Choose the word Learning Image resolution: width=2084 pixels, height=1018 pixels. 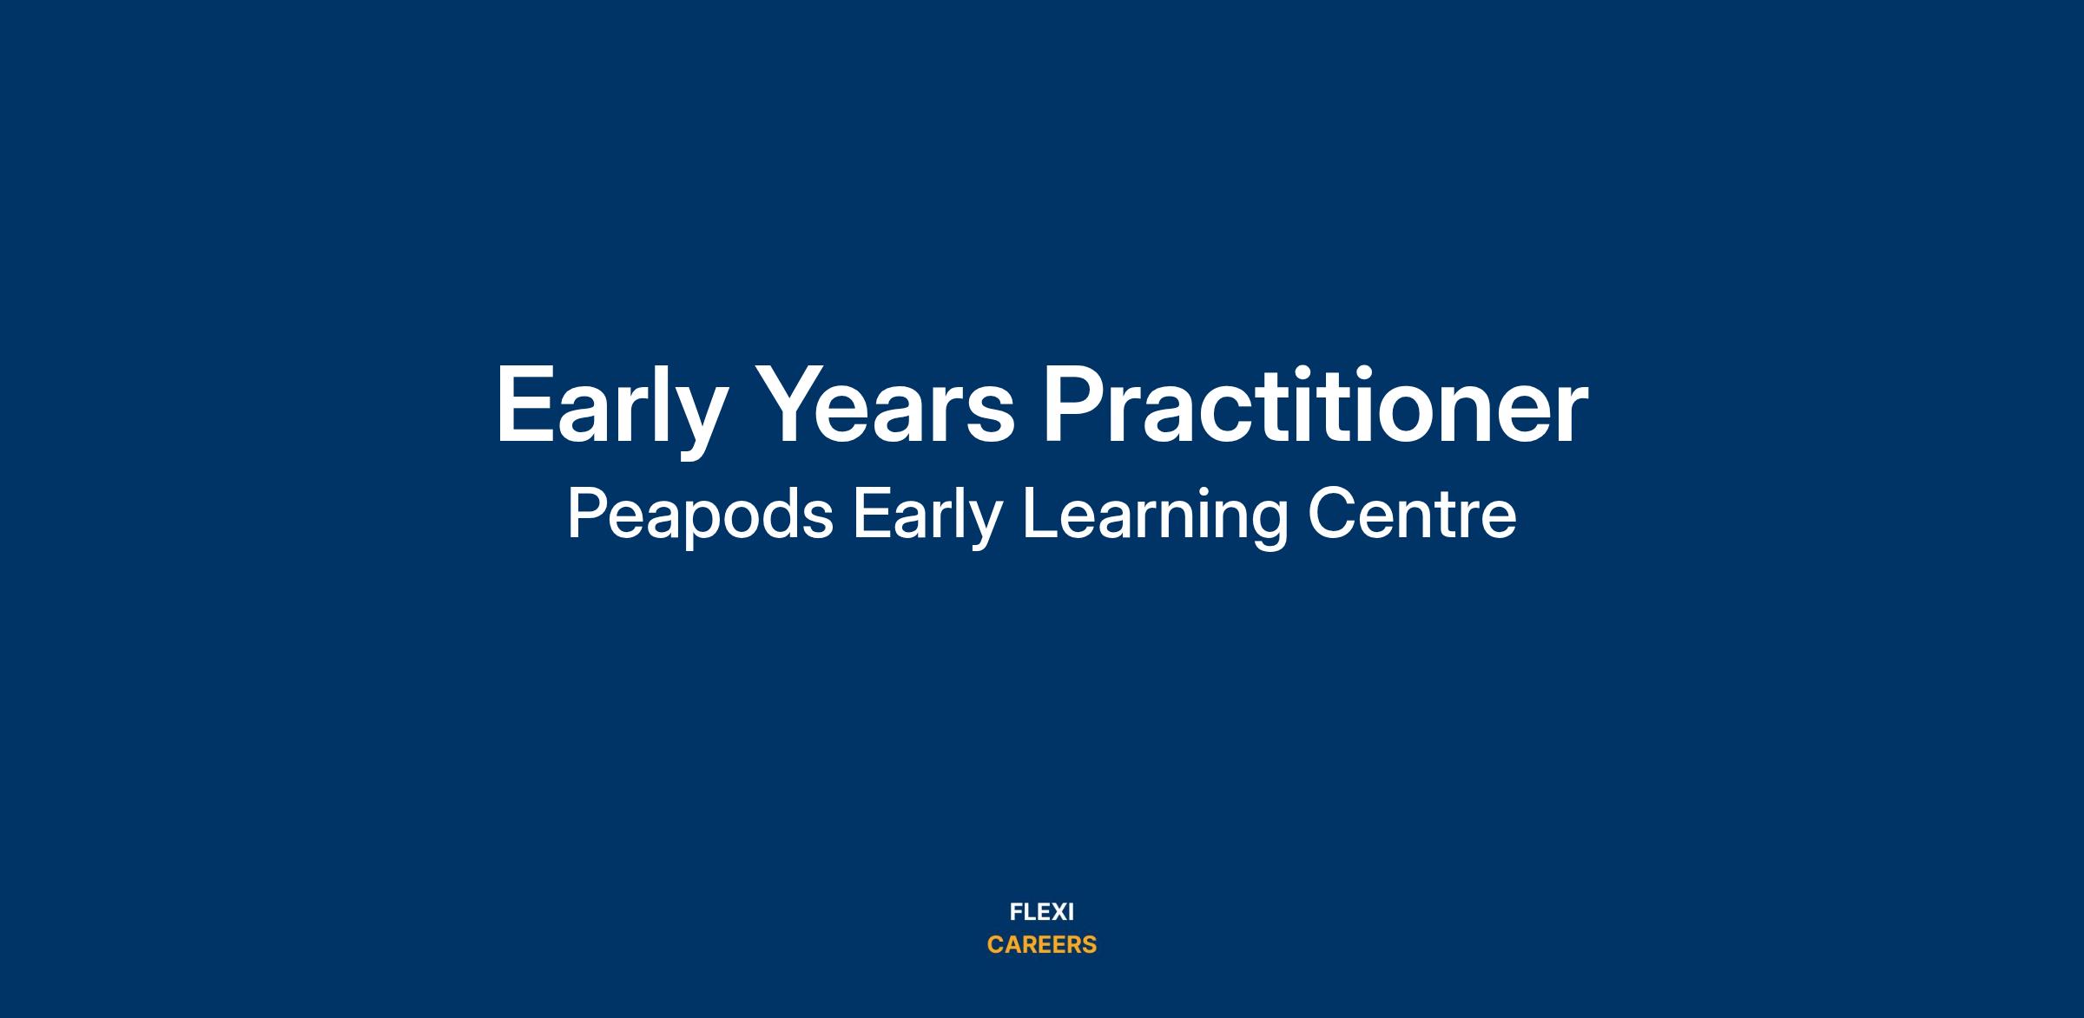pyautogui.click(x=1155, y=517)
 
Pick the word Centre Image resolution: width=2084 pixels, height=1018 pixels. pyautogui.click(x=1412, y=515)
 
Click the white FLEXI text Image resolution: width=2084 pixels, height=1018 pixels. pyautogui.click(x=1042, y=912)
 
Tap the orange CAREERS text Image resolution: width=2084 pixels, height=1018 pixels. pyautogui.click(x=1042, y=944)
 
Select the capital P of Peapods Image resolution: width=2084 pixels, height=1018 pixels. pyautogui.click(x=588, y=515)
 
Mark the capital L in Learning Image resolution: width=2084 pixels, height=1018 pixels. pyautogui.click(x=1040, y=515)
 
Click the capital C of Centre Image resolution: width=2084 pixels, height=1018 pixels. pyautogui.click(x=1330, y=515)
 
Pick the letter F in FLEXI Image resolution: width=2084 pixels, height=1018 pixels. pyautogui.click(x=1016, y=912)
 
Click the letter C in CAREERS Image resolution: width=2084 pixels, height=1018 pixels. pyautogui.click(x=996, y=944)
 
